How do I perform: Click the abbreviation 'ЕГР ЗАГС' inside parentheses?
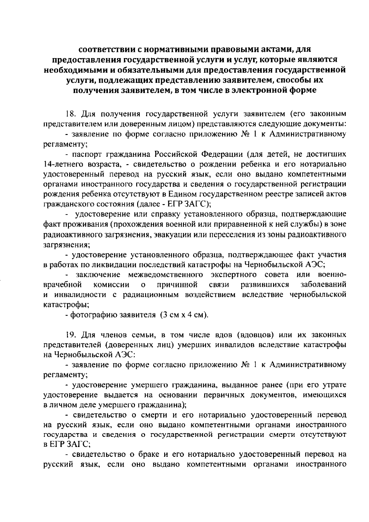pyautogui.click(x=186, y=204)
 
